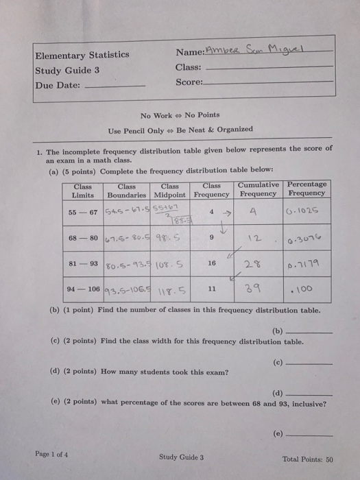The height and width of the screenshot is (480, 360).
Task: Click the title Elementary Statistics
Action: (82, 55)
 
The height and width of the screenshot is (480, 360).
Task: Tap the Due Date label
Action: (57, 86)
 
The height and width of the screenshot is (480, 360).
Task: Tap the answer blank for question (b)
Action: (312, 331)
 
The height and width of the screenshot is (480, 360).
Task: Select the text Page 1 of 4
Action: (51, 454)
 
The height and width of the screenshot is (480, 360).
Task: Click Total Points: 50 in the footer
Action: (307, 459)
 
